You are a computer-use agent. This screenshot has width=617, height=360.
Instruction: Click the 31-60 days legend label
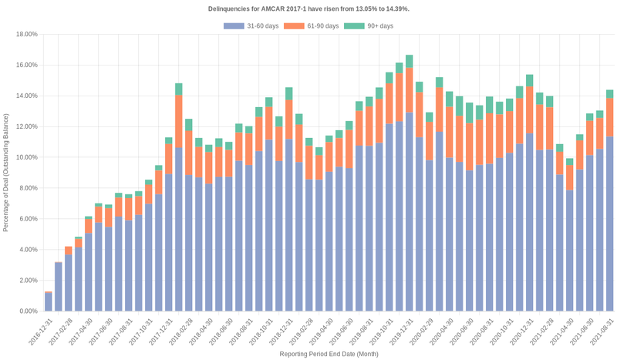[x=261, y=26]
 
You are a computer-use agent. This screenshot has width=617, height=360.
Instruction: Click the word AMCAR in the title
[x=265, y=8]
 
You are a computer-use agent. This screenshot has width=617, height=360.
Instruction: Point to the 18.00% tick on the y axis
[x=27, y=34]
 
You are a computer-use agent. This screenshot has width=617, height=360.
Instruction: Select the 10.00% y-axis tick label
[x=27, y=157]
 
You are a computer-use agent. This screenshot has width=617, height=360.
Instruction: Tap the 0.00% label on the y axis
[x=29, y=311]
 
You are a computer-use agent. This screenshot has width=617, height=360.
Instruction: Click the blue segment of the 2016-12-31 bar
[x=49, y=301]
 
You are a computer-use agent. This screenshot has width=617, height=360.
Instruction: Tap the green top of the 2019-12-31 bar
[x=409, y=61]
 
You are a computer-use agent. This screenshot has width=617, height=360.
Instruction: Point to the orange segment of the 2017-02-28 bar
[x=69, y=251]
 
